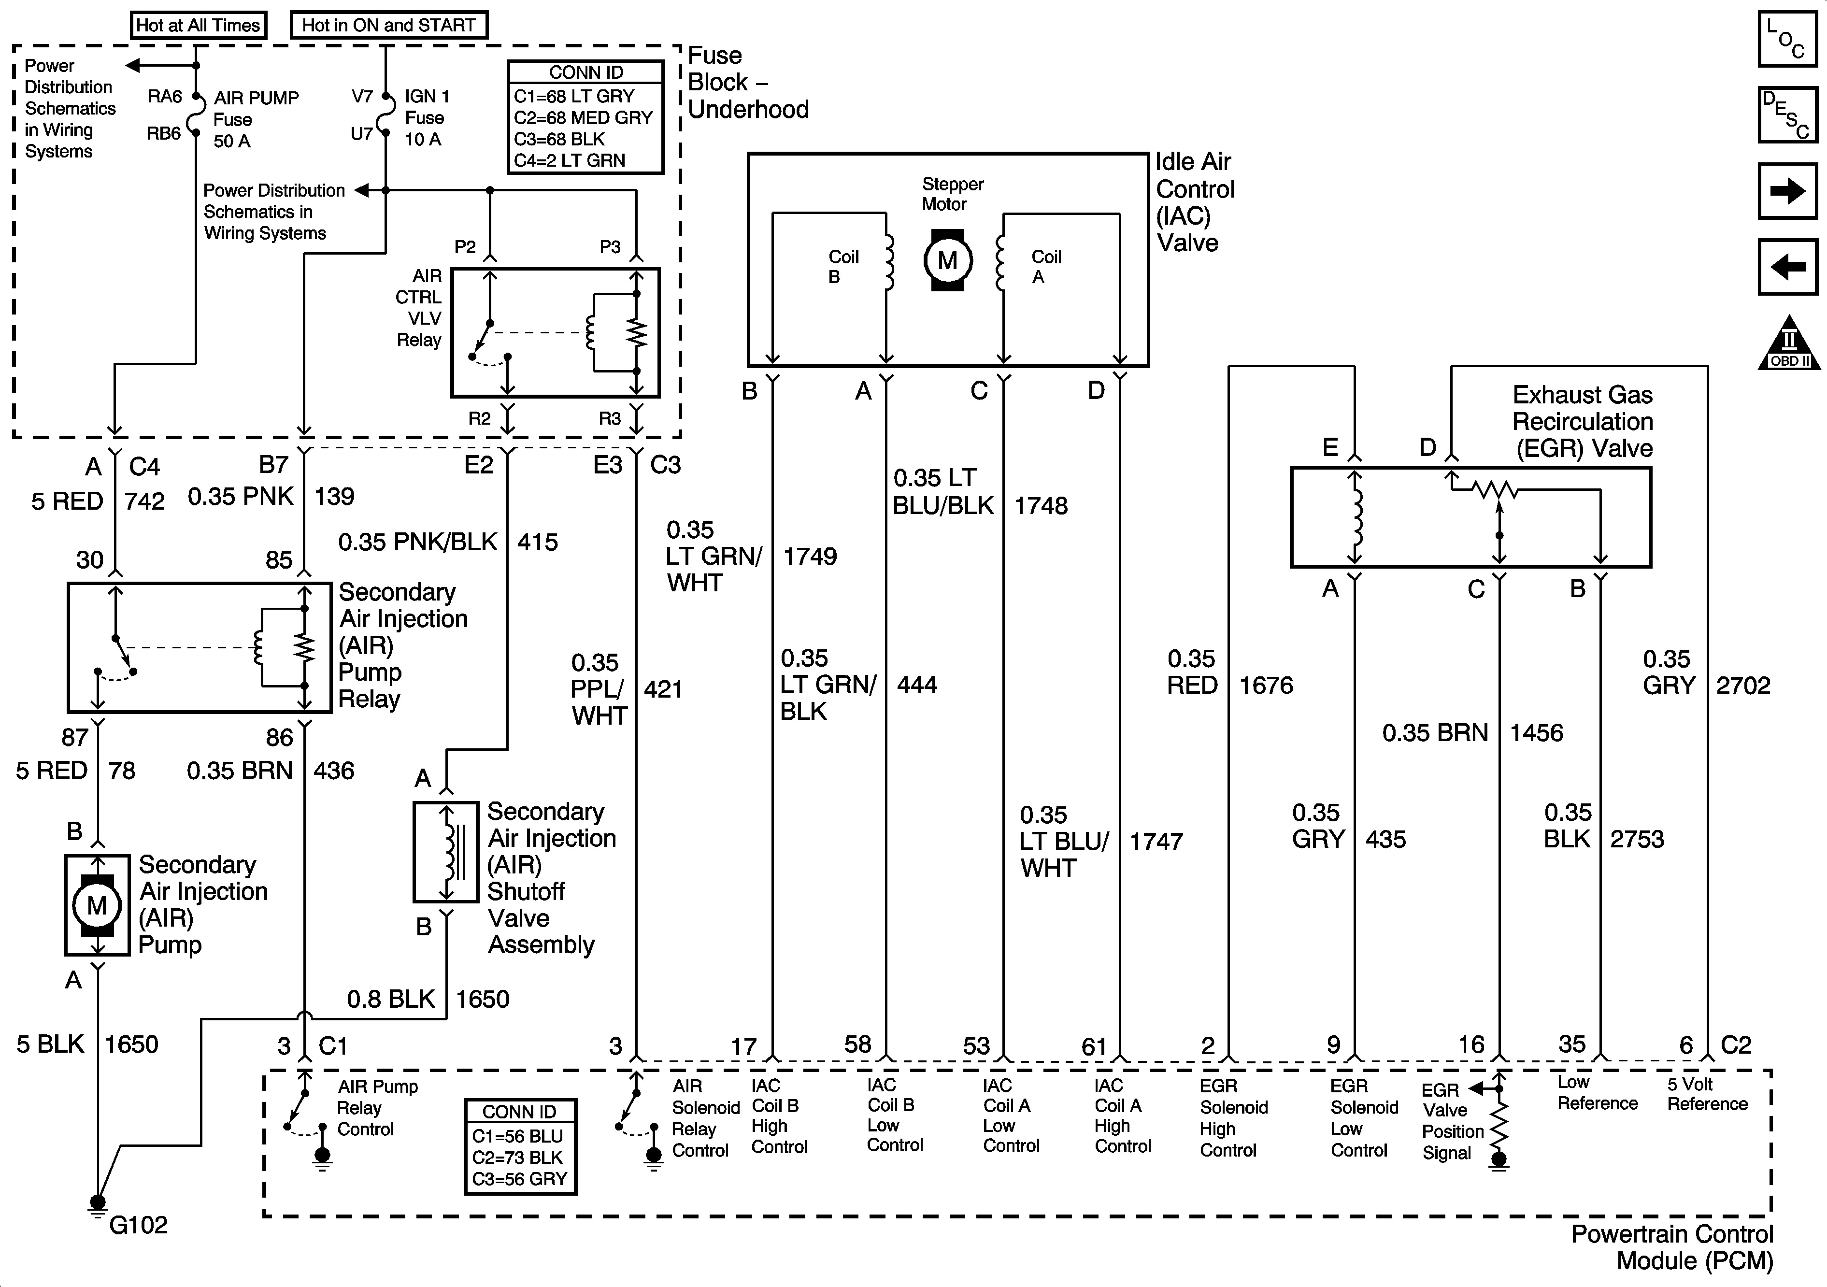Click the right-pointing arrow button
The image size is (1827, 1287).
coord(1787,191)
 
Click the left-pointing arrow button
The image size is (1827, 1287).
coord(1787,267)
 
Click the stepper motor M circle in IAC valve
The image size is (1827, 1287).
coord(947,260)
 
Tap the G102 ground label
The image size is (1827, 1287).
coord(139,1225)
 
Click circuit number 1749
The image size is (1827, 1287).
coord(810,557)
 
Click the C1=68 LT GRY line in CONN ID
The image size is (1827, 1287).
coord(574,96)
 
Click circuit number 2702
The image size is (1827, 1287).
coord(1742,685)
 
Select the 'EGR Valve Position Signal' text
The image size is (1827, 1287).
coord(1452,1121)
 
